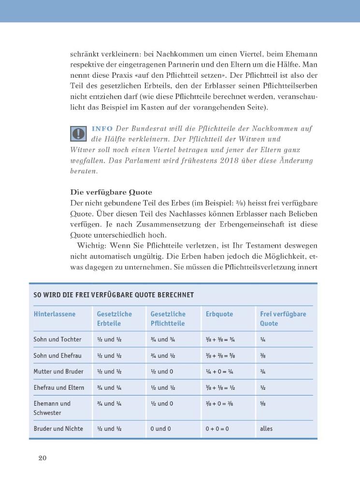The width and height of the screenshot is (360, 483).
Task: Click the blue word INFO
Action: pos(102,128)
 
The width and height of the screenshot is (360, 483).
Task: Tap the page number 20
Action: pos(42,458)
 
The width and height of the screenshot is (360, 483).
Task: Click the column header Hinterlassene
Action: pos(55,314)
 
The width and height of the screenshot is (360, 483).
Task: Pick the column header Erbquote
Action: pos(219,314)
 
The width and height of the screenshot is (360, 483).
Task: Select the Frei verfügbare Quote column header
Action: pos(283,318)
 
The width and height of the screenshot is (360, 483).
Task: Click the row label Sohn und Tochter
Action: pos(58,340)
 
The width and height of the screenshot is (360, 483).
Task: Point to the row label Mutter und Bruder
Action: pos(58,371)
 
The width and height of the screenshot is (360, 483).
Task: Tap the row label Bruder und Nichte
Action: pos(58,428)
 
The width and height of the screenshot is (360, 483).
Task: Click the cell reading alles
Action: pos(266,428)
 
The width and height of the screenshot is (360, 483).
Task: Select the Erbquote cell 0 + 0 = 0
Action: pos(217,428)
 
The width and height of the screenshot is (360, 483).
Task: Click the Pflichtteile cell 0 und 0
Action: pos(160,428)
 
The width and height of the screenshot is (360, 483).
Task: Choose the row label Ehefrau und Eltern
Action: pos(59,387)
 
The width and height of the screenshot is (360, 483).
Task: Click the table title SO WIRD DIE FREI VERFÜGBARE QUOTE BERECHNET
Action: pos(114,295)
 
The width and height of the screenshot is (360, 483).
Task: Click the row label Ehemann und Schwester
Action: pos(52,408)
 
